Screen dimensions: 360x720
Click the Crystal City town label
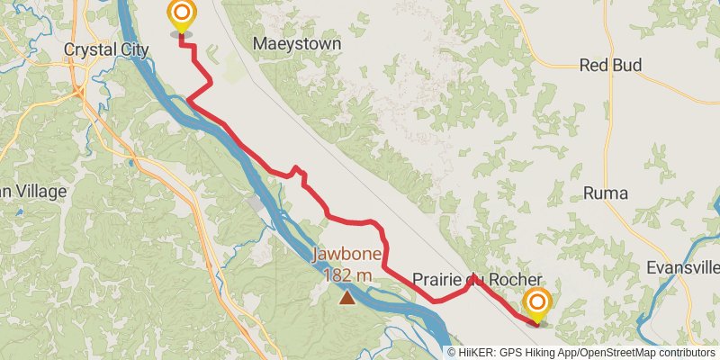[106, 49]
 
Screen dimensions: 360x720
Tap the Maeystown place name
[298, 43]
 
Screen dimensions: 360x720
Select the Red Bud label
[609, 65]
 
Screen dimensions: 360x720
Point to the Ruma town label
[605, 193]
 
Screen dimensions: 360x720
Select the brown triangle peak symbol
[346, 295]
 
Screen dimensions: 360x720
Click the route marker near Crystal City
[183, 13]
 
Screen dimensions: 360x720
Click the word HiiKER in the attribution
[477, 353]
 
